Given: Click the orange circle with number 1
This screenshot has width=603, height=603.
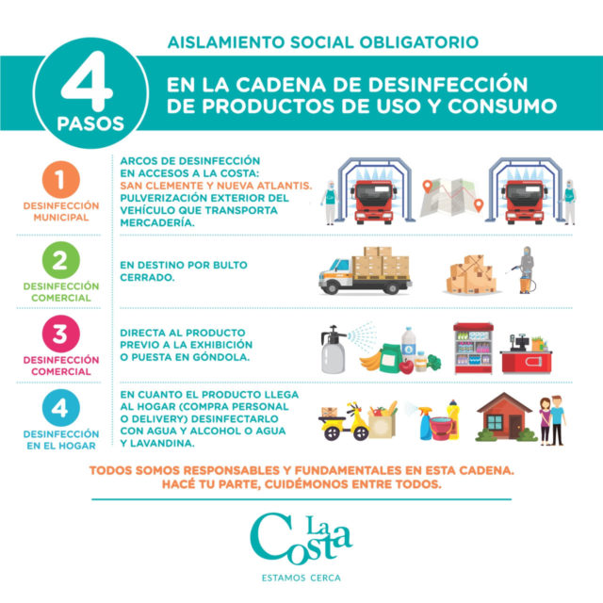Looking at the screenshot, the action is [x=60, y=180].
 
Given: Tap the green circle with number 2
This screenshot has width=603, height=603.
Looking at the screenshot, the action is [x=60, y=260].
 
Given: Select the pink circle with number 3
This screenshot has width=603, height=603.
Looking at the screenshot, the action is [x=60, y=334].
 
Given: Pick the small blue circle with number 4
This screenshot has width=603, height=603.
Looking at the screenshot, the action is [x=60, y=408].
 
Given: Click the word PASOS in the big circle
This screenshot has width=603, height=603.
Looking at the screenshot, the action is [x=90, y=123].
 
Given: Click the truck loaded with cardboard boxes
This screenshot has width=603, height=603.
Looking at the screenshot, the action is [x=365, y=270].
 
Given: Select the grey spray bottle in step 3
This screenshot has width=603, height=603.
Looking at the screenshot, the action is [x=333, y=350].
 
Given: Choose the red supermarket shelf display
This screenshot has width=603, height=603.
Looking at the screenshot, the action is [x=473, y=349].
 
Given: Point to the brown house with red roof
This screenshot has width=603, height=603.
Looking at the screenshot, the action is [x=505, y=416].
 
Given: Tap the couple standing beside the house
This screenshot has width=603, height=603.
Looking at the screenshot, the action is [x=552, y=421].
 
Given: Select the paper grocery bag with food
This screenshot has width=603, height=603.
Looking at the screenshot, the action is [x=383, y=420].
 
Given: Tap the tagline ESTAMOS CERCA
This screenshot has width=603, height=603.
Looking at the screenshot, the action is [x=301, y=578].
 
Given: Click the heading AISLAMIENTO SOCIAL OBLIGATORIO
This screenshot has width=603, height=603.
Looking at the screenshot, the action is [x=323, y=42].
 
